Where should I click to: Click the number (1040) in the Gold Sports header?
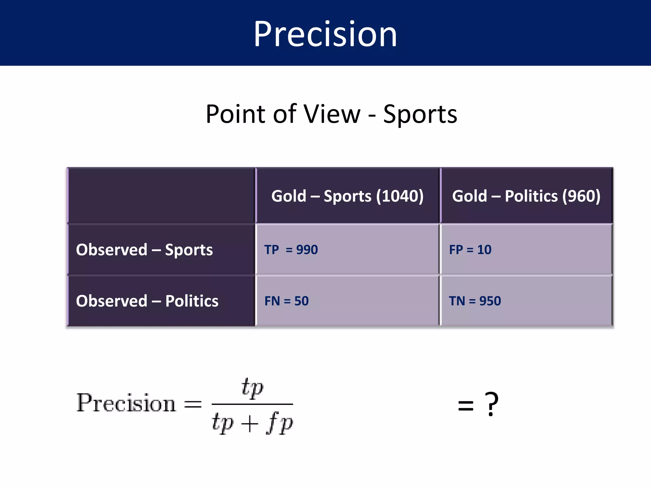tap(400, 196)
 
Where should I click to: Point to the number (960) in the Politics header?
tap(581, 196)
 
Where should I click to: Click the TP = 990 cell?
tap(291, 250)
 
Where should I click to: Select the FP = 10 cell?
tap(470, 250)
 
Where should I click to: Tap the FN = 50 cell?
tap(286, 301)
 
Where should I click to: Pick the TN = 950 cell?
tap(475, 301)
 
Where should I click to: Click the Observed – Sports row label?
tap(144, 250)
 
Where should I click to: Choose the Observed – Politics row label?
tap(147, 301)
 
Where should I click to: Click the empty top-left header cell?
tap(161, 195)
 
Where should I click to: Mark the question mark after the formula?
tap(491, 404)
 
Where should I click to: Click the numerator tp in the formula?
tap(252, 388)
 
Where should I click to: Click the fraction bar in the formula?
tap(252, 404)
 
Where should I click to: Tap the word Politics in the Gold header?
tap(531, 196)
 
